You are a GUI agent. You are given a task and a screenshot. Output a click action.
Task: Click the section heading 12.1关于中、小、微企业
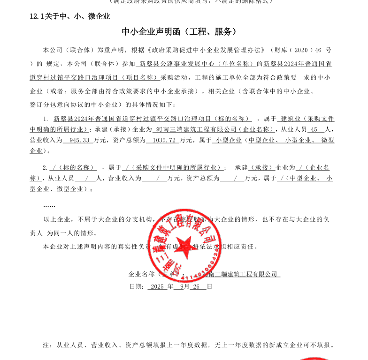click(69, 16)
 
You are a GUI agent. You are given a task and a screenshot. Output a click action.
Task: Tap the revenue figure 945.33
click(79, 140)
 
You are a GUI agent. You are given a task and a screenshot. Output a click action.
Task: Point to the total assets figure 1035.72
click(161, 140)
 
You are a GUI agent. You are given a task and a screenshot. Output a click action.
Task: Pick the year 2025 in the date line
click(157, 286)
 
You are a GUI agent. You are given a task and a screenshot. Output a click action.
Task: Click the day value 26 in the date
click(196, 286)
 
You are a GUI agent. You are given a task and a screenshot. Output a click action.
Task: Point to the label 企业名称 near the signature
click(142, 274)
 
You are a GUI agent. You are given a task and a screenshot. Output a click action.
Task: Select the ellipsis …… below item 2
click(49, 205)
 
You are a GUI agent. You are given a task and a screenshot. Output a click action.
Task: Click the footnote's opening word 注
click(46, 345)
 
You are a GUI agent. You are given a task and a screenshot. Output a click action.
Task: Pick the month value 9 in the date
click(181, 286)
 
